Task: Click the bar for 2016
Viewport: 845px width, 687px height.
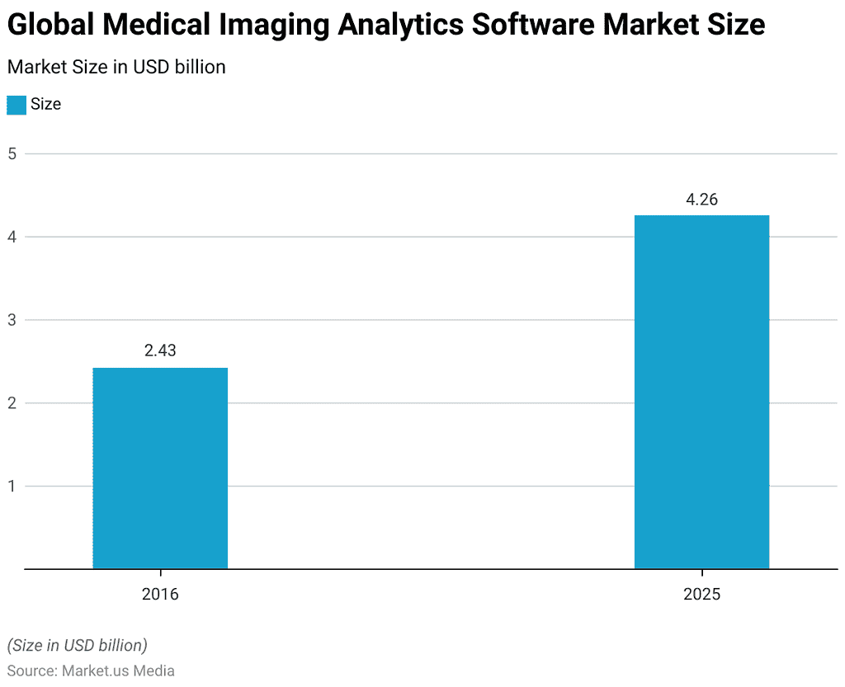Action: point(160,468)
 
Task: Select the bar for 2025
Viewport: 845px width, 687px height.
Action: point(701,392)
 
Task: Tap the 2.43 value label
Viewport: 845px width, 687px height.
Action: point(160,351)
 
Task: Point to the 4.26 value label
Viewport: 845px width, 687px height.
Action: point(701,199)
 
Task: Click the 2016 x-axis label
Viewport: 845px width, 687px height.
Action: point(160,594)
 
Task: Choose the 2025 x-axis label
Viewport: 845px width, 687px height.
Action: point(701,594)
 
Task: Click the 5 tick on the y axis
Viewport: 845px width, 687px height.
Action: point(12,153)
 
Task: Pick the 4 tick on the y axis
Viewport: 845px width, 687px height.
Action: point(12,237)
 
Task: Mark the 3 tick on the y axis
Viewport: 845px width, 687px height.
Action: point(12,320)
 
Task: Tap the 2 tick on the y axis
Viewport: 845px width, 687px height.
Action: point(12,403)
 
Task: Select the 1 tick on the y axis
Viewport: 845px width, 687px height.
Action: point(12,486)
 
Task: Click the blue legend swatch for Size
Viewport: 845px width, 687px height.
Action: point(17,105)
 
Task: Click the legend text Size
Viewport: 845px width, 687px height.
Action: point(46,105)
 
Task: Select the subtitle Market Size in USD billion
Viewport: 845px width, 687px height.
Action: point(116,67)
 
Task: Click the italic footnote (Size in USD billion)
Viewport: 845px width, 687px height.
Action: point(77,644)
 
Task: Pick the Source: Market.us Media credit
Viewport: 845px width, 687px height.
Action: point(91,671)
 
